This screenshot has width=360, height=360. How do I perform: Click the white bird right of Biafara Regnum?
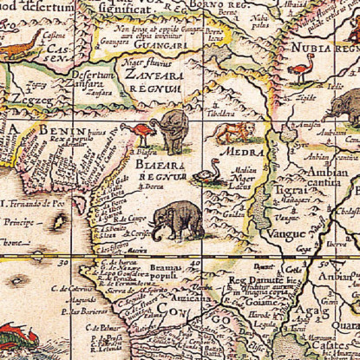(x=206, y=176)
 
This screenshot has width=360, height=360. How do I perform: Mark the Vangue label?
(x=288, y=232)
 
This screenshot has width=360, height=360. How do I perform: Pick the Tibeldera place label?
(x=217, y=112)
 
